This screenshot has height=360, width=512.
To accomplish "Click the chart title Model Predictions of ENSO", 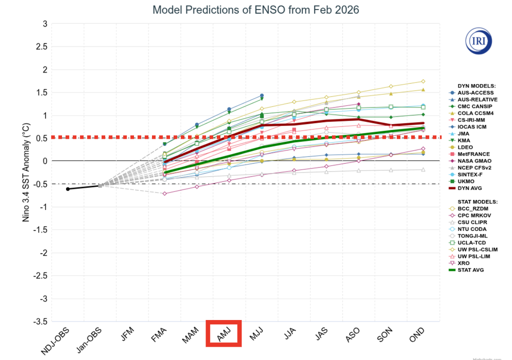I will click(x=256, y=9).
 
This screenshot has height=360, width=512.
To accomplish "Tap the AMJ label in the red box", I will click(x=223, y=333).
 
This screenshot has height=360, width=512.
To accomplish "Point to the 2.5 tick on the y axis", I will click(x=41, y=46).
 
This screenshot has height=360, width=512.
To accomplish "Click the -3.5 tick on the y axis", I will click(x=39, y=321).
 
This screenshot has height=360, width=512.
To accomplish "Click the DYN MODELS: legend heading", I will click(x=472, y=86).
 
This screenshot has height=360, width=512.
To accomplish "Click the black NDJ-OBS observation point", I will click(x=68, y=188).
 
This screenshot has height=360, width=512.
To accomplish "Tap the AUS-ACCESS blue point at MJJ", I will click(x=261, y=95).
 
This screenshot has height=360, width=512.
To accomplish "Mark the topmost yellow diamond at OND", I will click(x=423, y=81).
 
